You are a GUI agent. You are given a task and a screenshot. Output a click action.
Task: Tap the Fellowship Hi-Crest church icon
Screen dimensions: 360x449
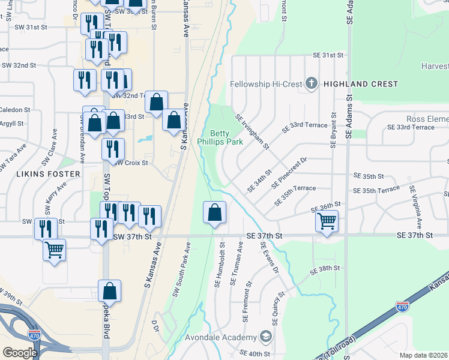pos(311,83)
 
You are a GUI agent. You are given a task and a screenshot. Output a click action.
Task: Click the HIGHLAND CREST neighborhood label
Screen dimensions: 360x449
pos(360,85)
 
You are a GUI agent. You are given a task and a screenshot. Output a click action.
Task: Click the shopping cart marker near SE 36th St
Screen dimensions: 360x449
pos(327,221)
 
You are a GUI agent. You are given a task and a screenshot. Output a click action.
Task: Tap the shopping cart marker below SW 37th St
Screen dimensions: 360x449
pos(54,249)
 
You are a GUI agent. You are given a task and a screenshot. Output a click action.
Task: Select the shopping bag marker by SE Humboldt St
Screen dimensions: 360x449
pos(214,212)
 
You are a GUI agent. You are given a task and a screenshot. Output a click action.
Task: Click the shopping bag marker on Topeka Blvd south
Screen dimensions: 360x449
pos(110,292)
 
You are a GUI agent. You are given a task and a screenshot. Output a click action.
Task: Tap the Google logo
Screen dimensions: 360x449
pos(20,352)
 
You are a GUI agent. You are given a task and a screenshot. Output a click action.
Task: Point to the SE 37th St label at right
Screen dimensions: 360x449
pos(414,236)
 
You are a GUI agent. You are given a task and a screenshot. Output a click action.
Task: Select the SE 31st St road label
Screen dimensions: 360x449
pos(327,55)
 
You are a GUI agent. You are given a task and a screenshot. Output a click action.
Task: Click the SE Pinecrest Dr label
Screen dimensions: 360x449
pos(289,173)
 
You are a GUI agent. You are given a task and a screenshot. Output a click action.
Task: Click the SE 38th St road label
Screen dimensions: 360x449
pos(325,271)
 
